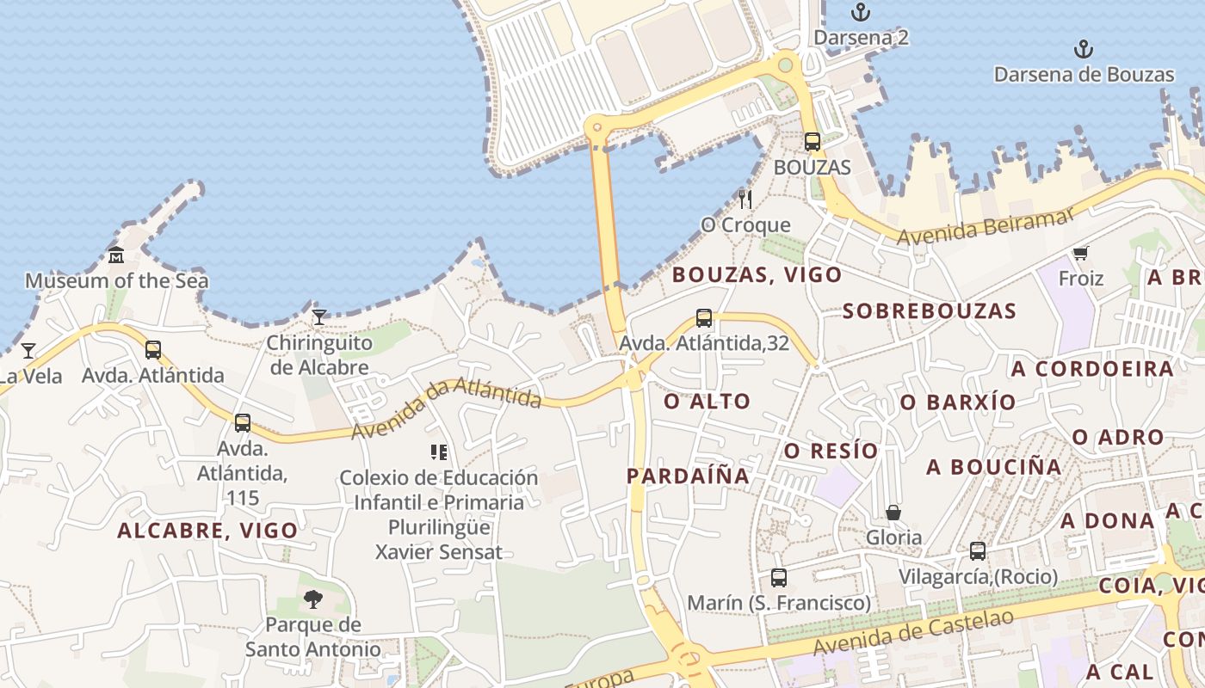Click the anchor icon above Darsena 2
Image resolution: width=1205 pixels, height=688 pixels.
tap(860, 12)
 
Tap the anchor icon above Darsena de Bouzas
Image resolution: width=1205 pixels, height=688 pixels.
tap(1084, 49)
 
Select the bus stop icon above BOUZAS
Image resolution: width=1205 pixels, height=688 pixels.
tap(812, 142)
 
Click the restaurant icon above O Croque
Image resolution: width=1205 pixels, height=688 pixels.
tap(745, 200)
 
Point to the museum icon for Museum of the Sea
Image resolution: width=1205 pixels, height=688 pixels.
tap(116, 255)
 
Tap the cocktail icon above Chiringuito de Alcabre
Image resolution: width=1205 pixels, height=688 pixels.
tap(319, 317)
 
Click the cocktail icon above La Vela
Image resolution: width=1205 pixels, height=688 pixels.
tap(28, 350)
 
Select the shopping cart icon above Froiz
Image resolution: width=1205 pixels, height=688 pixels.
tap(1081, 253)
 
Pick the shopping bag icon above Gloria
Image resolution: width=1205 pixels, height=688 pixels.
tap(893, 513)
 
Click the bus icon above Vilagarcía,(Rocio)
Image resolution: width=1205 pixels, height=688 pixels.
tap(977, 550)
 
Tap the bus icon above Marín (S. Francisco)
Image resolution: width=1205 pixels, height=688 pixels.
tap(779, 578)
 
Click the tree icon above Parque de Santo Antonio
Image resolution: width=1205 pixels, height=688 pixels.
tap(313, 599)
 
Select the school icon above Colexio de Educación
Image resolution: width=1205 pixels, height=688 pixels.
tap(439, 452)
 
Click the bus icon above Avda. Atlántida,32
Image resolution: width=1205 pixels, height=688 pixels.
tap(704, 318)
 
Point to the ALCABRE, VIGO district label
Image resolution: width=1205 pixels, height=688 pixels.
tap(207, 531)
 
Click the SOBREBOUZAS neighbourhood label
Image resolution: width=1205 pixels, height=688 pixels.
tap(930, 311)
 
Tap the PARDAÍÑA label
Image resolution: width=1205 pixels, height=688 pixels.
tap(688, 476)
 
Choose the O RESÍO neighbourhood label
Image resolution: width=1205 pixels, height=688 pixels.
tap(831, 451)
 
